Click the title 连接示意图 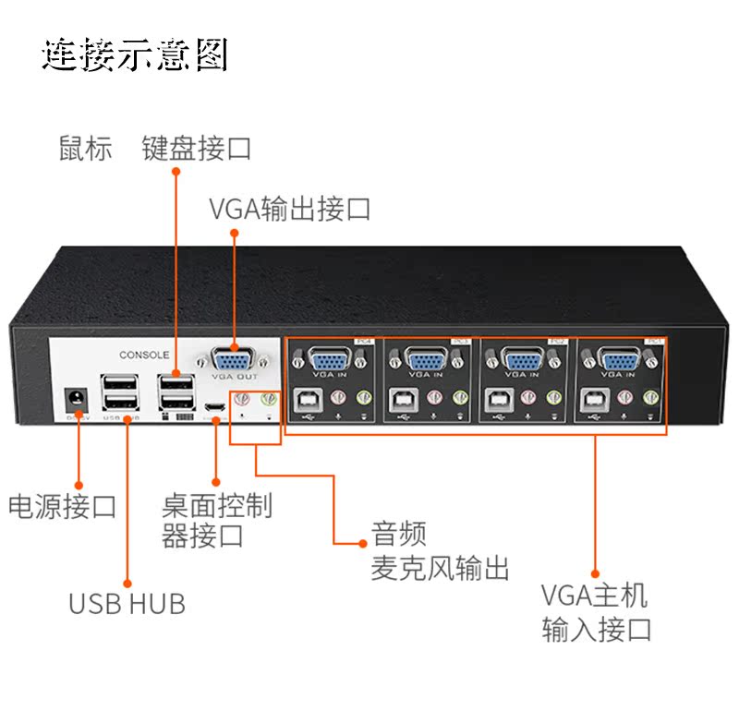(135, 55)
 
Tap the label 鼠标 (85, 149)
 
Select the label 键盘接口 (196, 149)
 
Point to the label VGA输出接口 (289, 209)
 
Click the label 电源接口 (62, 507)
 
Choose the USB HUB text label (127, 604)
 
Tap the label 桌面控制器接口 (216, 520)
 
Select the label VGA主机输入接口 (597, 611)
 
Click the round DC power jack (74, 400)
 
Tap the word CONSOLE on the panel (144, 355)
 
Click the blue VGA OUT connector (234, 359)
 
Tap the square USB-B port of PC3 (403, 400)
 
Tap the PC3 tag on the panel (460, 342)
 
